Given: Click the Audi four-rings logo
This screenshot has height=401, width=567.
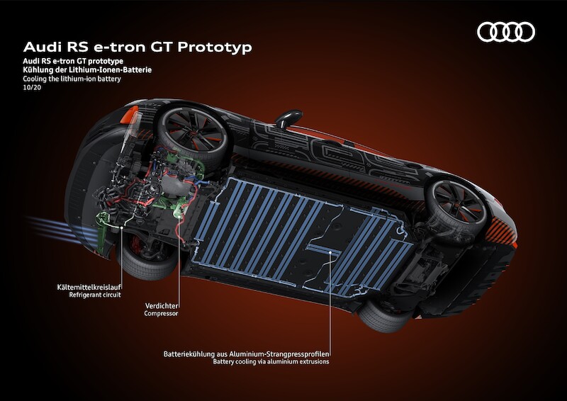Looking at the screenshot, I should [x=505, y=32].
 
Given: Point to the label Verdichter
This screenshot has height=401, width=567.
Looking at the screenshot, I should [x=160, y=304].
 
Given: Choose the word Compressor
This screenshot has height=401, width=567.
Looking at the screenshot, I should [x=160, y=313].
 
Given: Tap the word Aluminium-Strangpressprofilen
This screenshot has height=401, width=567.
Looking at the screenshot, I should [x=283, y=353].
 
